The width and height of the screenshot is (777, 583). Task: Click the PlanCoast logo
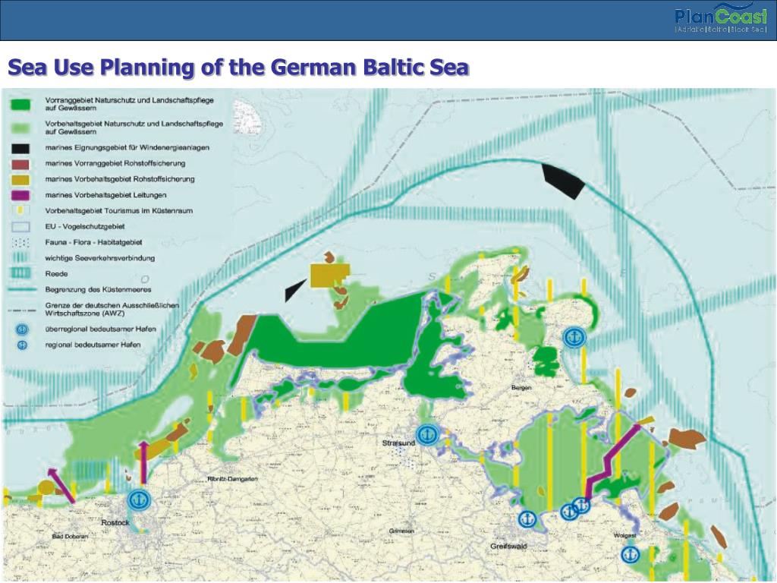pyautogui.click(x=721, y=20)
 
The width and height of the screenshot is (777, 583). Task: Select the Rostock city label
pyautogui.click(x=116, y=523)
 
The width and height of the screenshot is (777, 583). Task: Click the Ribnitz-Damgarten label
pyautogui.click(x=233, y=479)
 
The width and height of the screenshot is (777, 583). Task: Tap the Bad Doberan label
pyautogui.click(x=70, y=537)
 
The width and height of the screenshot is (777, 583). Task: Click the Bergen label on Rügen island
pyautogui.click(x=523, y=387)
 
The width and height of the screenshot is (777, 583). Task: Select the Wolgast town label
pyautogui.click(x=624, y=536)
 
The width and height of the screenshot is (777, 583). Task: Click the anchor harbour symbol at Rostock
pyautogui.click(x=138, y=500)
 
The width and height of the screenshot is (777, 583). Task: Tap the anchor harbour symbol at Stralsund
pyautogui.click(x=428, y=434)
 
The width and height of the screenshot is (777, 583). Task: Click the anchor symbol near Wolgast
pyautogui.click(x=628, y=555)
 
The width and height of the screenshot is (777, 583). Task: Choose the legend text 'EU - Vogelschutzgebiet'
pyautogui.click(x=85, y=226)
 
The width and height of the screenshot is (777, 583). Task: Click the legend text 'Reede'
pyautogui.click(x=56, y=273)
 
